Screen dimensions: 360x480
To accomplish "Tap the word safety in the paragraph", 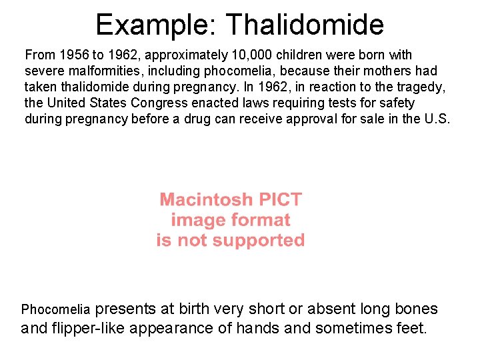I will (397, 103).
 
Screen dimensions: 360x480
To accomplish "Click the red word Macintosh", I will (206, 199).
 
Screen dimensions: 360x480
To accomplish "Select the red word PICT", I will (279, 199).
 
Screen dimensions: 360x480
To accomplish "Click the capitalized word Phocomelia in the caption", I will (55, 309).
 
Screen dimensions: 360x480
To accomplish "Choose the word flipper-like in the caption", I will (91, 328).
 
